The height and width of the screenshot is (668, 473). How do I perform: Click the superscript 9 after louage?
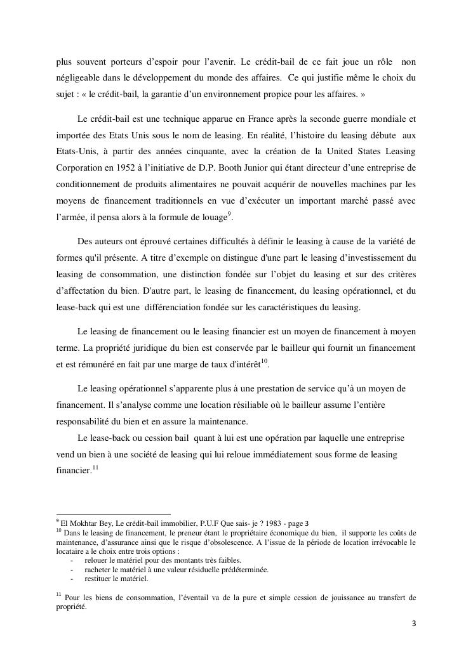point(230,215)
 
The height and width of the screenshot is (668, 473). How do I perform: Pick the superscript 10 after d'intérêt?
point(265,361)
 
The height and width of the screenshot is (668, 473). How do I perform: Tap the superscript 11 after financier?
point(95,468)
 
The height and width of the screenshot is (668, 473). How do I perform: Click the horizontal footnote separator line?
point(114,514)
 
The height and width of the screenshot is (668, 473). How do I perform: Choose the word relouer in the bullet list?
point(97,560)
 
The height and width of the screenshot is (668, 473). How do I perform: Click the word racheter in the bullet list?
point(98,570)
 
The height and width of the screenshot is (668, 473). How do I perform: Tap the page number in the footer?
point(414,624)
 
